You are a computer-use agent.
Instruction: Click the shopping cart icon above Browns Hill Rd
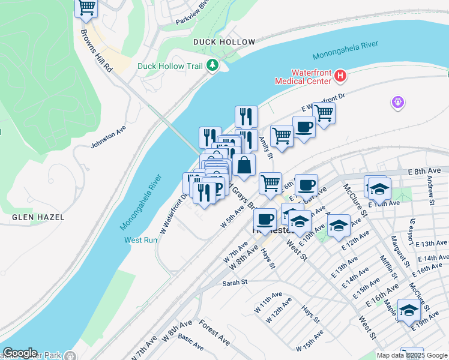(x=86, y=7)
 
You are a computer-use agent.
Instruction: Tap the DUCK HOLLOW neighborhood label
(x=216, y=42)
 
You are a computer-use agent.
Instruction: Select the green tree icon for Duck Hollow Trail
(x=212, y=65)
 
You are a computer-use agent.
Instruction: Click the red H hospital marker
(x=340, y=76)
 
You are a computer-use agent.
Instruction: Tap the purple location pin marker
(x=397, y=103)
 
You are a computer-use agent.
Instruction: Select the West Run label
(x=140, y=240)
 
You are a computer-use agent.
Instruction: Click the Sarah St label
(x=235, y=282)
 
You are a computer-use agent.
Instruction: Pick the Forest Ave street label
(x=215, y=332)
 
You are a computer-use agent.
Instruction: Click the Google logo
(x=20, y=353)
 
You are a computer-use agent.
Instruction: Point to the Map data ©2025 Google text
(x=412, y=355)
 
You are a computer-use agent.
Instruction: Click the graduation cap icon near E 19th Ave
(x=409, y=311)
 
